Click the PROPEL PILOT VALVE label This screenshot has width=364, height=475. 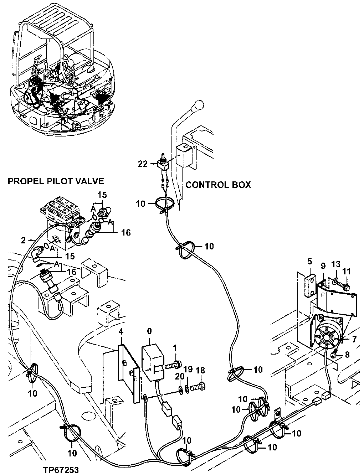pyautogui.click(x=56, y=181)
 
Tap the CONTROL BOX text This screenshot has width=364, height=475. pyautogui.click(x=218, y=185)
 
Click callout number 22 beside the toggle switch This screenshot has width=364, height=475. pyautogui.click(x=143, y=164)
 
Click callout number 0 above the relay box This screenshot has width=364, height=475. pyautogui.click(x=149, y=331)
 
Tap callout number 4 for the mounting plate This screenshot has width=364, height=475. pyautogui.click(x=121, y=331)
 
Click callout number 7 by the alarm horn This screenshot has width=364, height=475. pyautogui.click(x=354, y=339)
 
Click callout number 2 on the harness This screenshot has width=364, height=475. pyautogui.click(x=23, y=241)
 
